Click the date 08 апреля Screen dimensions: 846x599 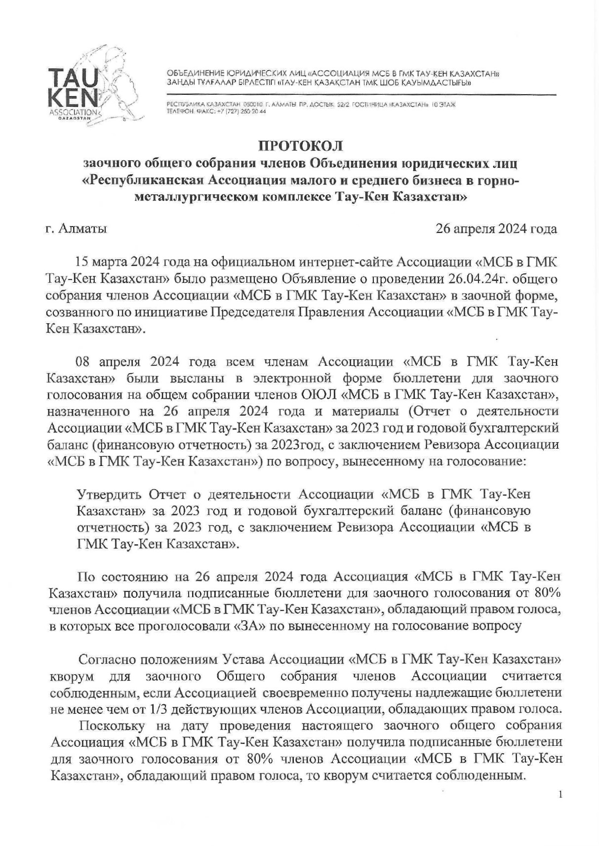[x=107, y=362]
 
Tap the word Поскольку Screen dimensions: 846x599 [x=111, y=726]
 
